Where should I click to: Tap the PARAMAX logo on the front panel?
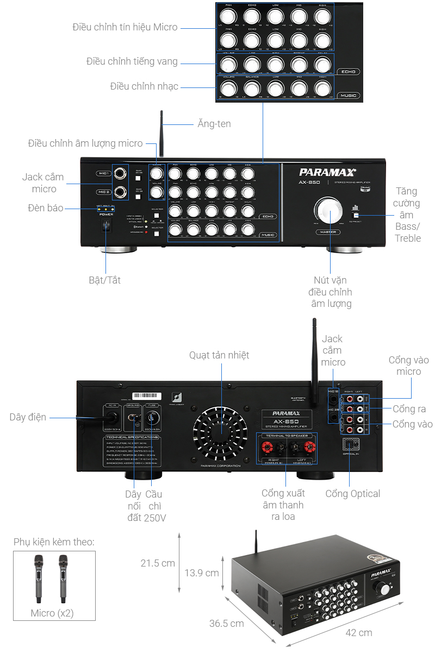pos(327,172)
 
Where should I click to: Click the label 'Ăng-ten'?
pos(214,124)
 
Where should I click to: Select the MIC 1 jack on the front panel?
pos(120,173)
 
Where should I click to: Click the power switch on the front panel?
pos(107,226)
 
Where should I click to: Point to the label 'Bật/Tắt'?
pos(104,280)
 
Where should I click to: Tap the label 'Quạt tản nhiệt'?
pos(219,355)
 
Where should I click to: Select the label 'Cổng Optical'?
pos(352,494)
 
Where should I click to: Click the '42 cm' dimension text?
pos(359,632)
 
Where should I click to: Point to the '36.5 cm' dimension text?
pos(226,624)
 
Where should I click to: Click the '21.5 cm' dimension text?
pos(158,563)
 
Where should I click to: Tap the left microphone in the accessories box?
pos(39,578)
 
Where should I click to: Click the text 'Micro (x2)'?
pos(52,613)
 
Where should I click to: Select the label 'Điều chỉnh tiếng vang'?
pos(132,61)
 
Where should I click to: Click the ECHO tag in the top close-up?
pos(348,72)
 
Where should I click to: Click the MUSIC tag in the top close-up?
pos(348,96)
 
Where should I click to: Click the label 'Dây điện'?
pos(28,417)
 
